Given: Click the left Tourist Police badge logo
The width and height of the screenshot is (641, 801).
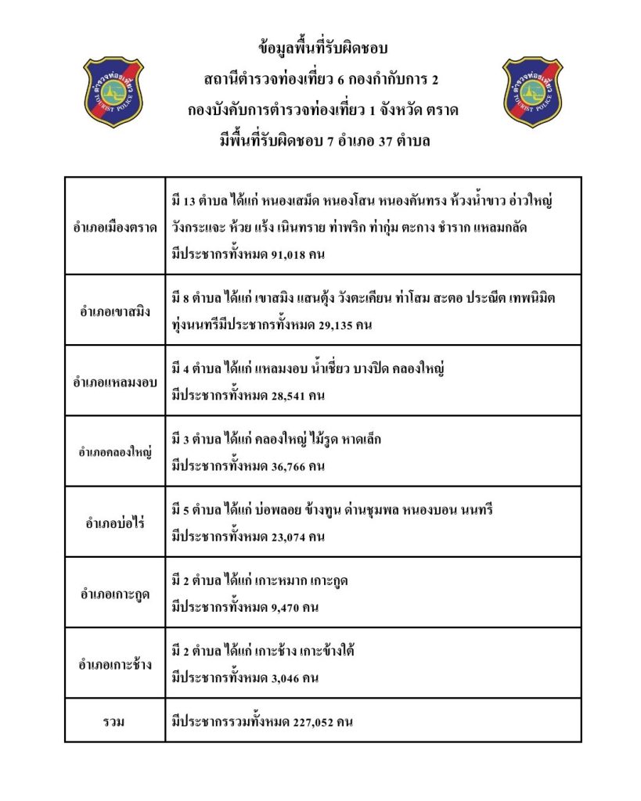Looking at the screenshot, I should click(x=113, y=92).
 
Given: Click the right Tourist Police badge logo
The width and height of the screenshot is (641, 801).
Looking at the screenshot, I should click(x=532, y=92).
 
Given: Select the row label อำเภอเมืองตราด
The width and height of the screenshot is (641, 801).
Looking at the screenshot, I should click(x=114, y=227).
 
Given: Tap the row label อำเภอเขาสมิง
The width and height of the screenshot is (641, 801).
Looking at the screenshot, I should click(x=114, y=311).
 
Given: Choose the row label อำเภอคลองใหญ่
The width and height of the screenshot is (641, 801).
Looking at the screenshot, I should click(x=114, y=451).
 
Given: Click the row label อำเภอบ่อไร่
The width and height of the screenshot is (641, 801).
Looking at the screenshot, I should click(x=114, y=523).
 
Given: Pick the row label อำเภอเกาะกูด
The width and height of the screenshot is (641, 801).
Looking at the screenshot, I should click(x=114, y=594).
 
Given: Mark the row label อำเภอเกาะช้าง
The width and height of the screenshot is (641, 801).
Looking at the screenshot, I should click(x=114, y=664).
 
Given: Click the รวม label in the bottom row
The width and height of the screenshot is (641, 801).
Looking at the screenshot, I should click(x=114, y=722).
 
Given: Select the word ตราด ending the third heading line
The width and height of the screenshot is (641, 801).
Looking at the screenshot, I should click(x=443, y=110).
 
